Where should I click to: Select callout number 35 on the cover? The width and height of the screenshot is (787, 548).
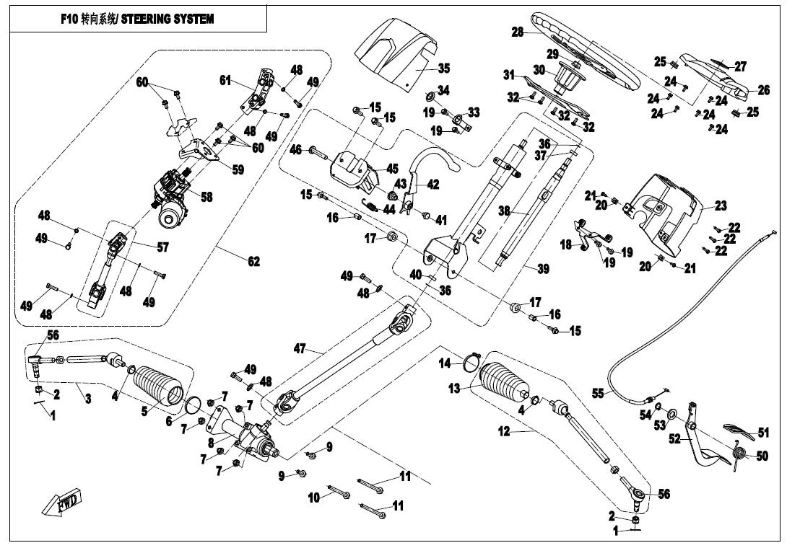coord(443,68)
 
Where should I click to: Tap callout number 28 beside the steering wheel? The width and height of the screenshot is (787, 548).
coord(518,32)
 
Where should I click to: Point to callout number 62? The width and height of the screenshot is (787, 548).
coord(253,262)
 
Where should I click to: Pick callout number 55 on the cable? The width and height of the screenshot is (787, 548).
coord(597,394)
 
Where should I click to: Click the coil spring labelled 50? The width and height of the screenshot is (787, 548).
coord(740,454)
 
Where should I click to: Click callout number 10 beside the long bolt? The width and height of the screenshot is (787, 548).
coord(313,497)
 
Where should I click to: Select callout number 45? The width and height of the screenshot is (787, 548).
coord(392,168)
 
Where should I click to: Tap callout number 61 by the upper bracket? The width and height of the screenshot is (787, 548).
coord(225,80)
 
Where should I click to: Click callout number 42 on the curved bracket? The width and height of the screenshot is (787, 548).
coord(432,185)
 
